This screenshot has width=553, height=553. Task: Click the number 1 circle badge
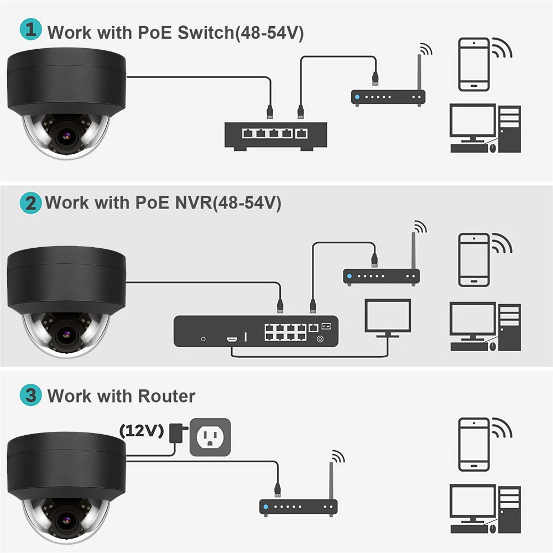point(31,30)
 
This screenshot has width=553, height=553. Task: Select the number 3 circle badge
point(31,395)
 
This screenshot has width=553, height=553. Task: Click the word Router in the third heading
point(166,396)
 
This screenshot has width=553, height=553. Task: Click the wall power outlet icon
point(210,437)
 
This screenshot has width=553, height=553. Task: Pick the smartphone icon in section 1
point(473,64)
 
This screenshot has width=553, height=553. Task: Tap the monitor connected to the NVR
point(388,317)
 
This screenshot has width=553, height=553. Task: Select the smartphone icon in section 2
point(473,259)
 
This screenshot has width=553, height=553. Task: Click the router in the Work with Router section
point(299,505)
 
